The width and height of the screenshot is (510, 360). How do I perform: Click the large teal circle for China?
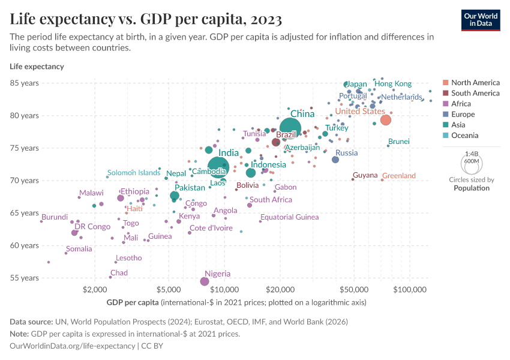pyautogui.click(x=291, y=127)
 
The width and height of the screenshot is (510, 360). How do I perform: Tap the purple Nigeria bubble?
pyautogui.click(x=205, y=281)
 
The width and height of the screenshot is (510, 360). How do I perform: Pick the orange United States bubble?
pyautogui.click(x=386, y=120)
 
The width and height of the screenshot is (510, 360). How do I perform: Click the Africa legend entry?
pyautogui.click(x=461, y=104)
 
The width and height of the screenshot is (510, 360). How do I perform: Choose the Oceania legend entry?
pyautogui.click(x=464, y=136)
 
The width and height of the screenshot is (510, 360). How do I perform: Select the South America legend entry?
pyautogui.click(x=475, y=93)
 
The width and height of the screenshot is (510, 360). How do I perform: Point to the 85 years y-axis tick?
pyautogui.click(x=25, y=83)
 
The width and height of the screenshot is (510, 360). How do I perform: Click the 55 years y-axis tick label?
pyautogui.click(x=25, y=278)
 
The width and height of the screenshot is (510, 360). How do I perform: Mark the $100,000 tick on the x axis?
pyautogui.click(x=410, y=289)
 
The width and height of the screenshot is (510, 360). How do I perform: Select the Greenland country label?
pyautogui.click(x=398, y=176)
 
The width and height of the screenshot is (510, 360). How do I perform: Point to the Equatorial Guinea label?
pyautogui.click(x=289, y=217)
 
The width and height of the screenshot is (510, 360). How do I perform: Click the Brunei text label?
pyautogui.click(x=398, y=142)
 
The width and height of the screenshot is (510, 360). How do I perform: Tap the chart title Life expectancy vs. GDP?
pyautogui.click(x=146, y=19)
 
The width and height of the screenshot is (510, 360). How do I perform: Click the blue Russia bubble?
pyautogui.click(x=335, y=160)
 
